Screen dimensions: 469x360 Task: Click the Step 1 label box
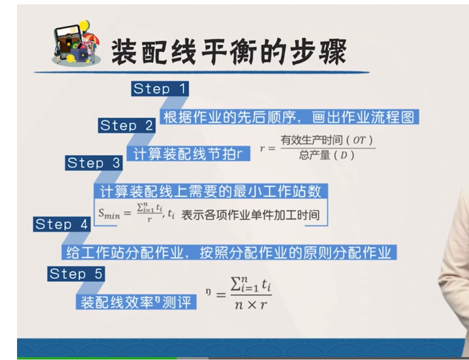160,89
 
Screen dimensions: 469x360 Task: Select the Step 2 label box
127,125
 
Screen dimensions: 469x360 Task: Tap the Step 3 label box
94,163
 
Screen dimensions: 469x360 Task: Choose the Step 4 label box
62,224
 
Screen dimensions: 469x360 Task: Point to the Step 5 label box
76,274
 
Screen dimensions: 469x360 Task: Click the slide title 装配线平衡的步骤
229,52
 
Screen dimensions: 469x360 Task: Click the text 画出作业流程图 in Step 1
363,117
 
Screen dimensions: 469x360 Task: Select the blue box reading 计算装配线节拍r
188,154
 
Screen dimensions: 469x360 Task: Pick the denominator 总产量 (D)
327,155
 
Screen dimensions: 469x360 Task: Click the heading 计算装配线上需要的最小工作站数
211,191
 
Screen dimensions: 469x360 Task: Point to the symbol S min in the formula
109,214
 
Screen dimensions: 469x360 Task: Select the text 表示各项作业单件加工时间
251,215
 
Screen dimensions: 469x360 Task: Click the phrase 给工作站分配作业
124,253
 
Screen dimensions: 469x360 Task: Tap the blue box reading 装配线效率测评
136,302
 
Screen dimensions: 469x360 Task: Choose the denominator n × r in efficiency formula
251,304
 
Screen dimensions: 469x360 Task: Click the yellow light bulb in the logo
84,26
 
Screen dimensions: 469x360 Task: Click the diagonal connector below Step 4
76,238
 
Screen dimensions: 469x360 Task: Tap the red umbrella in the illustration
91,38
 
